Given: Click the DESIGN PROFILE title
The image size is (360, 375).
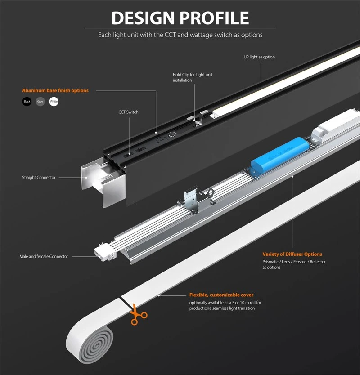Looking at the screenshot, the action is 180,18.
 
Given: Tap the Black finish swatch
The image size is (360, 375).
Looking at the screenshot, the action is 27,102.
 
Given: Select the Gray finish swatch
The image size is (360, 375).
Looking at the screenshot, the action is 40,102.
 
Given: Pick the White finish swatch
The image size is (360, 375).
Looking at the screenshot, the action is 54,102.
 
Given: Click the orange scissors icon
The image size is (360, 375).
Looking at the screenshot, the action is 137,315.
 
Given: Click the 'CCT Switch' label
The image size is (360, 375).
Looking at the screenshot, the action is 128,112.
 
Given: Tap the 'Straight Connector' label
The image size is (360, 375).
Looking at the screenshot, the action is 39,178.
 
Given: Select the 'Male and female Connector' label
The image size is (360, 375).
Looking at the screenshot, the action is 44,256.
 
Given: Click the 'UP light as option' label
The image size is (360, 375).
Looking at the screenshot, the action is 259,57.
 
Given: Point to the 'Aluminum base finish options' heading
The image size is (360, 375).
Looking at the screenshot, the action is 55,90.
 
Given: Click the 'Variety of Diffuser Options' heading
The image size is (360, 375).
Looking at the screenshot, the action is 292,254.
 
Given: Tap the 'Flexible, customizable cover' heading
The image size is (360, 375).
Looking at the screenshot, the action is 221,295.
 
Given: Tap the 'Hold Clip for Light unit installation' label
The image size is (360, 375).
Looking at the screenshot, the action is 193,77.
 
